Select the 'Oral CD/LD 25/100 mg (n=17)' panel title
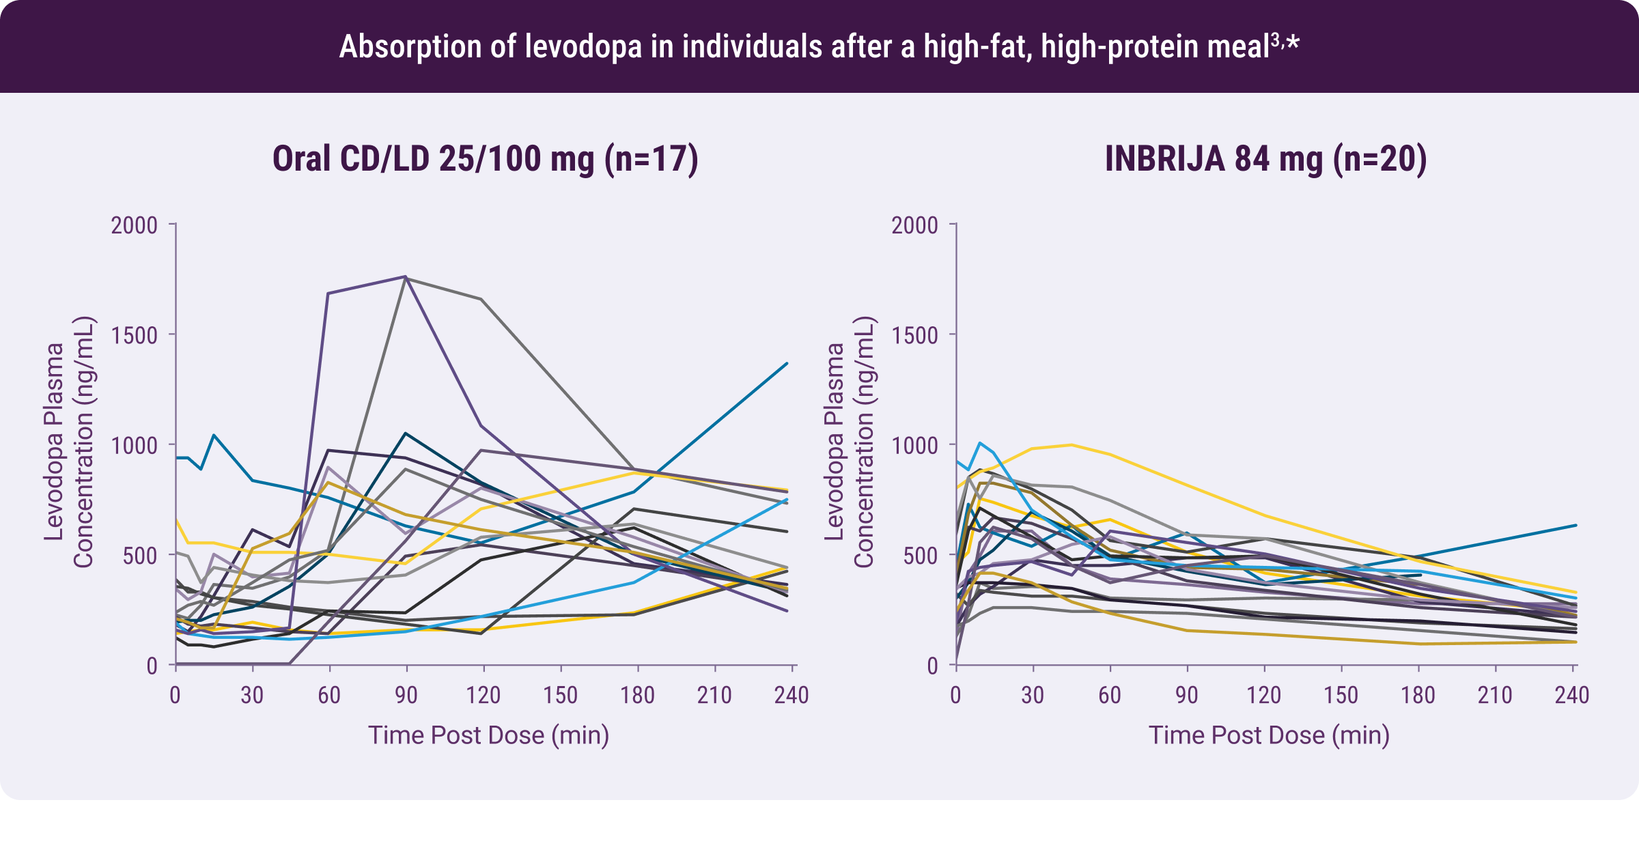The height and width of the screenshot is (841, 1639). click(x=485, y=159)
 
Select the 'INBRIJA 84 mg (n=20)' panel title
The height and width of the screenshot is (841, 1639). click(x=1265, y=159)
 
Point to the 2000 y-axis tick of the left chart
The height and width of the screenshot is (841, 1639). click(x=135, y=225)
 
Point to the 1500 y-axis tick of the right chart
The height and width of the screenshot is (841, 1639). click(x=914, y=335)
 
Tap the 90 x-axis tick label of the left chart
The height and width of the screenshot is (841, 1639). click(x=406, y=696)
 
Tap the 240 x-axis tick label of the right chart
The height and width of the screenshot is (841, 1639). click(x=1572, y=696)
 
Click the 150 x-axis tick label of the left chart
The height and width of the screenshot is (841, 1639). click(x=560, y=696)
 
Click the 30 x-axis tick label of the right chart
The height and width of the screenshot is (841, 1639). click(x=1033, y=696)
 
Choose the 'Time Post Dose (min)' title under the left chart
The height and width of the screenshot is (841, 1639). click(x=488, y=735)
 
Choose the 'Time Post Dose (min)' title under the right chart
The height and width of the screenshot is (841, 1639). click(x=1269, y=735)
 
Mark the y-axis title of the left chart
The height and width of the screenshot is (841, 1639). click(x=68, y=442)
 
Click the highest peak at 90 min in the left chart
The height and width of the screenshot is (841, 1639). click(x=406, y=276)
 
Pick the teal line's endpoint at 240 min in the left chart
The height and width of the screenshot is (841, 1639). click(x=787, y=363)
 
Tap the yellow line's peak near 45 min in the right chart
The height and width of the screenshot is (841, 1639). click(x=1071, y=445)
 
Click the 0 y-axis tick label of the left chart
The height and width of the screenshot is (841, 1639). click(x=152, y=666)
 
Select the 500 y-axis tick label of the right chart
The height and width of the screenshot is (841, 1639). click(x=920, y=556)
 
